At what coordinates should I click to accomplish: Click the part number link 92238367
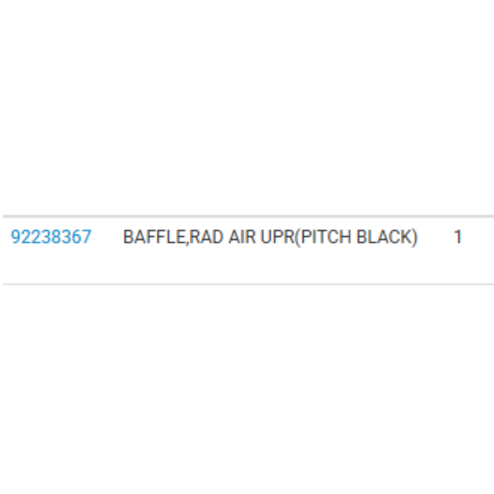point(51,237)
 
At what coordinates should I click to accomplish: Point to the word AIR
point(242,237)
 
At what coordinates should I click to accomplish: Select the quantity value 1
point(458,237)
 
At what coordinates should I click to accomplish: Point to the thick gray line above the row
point(248,216)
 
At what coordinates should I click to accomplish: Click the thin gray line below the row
point(248,284)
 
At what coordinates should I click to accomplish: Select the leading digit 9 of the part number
point(16,237)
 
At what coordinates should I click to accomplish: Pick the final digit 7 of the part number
point(86,237)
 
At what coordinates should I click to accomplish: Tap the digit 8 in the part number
point(56,237)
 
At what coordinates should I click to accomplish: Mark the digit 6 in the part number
point(76,237)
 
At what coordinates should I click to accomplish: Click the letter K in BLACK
point(406,237)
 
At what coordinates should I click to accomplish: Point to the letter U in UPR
point(267,237)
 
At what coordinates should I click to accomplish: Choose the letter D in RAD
point(218,237)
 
